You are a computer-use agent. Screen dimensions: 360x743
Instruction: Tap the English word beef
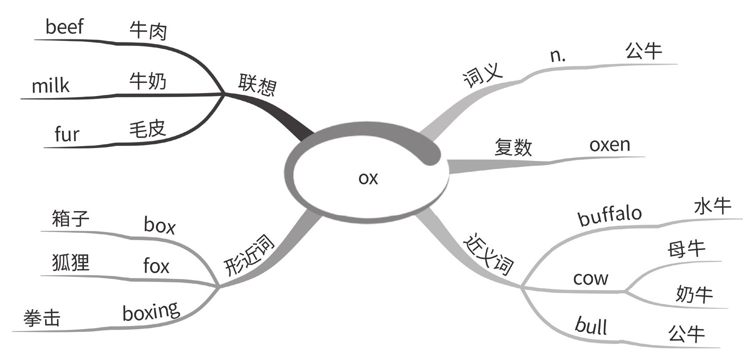(64, 27)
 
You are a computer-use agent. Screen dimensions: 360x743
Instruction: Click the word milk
(50, 86)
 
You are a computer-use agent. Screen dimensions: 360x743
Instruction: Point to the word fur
(66, 134)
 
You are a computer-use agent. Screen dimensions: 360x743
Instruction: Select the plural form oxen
(609, 145)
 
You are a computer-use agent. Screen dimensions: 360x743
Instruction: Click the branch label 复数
(513, 148)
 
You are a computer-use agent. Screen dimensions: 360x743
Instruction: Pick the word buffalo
(609, 215)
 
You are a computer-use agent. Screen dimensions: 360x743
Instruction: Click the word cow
(590, 278)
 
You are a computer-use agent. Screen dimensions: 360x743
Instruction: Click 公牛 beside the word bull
(686, 333)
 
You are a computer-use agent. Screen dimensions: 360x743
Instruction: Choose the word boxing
(151, 312)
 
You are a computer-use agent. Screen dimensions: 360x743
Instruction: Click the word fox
(156, 266)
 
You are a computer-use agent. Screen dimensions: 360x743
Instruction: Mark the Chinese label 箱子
(70, 218)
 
